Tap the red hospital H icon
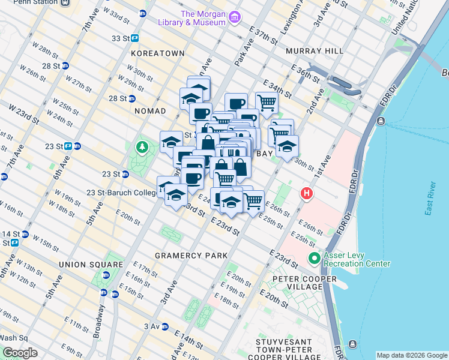[x=307, y=194]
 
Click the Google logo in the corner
[x=20, y=353]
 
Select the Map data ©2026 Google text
[x=411, y=355]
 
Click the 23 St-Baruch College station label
[x=122, y=193]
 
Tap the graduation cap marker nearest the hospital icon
[x=287, y=146]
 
